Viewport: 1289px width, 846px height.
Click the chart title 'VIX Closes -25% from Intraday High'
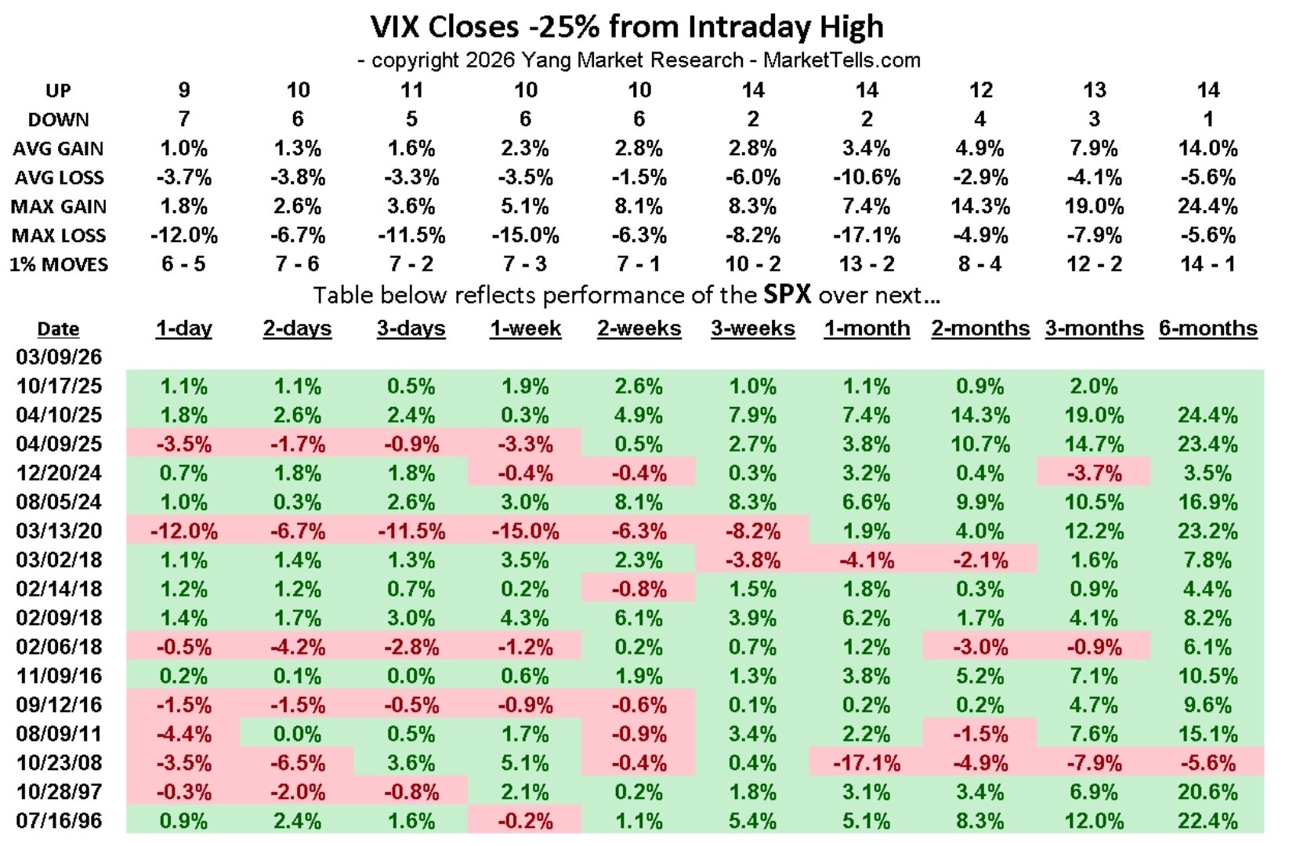tap(627, 27)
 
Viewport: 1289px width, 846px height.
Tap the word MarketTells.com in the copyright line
tap(842, 60)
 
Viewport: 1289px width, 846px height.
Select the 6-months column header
tap(1208, 329)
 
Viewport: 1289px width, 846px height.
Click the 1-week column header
tap(525, 329)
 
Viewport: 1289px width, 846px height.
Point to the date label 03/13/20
tap(59, 531)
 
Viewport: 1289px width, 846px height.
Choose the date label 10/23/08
tap(59, 763)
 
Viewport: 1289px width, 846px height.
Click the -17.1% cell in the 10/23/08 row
tap(866, 763)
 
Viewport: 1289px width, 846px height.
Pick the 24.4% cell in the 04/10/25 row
tap(1208, 415)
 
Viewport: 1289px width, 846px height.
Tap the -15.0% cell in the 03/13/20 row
tap(525, 531)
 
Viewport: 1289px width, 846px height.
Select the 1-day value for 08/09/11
tap(183, 734)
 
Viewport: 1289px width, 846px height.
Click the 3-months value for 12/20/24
tap(1094, 473)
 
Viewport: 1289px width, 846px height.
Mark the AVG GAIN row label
tap(58, 148)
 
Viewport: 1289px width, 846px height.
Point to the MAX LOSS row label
tap(58, 235)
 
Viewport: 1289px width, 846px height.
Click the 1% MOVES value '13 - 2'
tap(866, 264)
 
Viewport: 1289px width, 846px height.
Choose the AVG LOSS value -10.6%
tap(866, 177)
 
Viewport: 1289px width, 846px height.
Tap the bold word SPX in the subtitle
tap(787, 295)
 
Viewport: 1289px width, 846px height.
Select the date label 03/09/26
tap(59, 357)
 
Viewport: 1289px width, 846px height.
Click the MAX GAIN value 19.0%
tap(1094, 206)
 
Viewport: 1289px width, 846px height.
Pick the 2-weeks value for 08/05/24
tap(639, 502)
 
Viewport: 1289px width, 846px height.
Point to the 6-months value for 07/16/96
tap(1208, 821)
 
